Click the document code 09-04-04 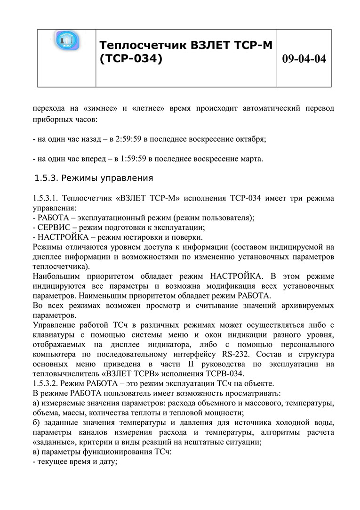(x=304, y=59)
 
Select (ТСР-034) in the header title (x=131, y=59)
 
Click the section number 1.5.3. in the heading (x=47, y=178)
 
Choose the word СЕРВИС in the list (x=53, y=227)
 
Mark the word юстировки (x=145, y=236)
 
